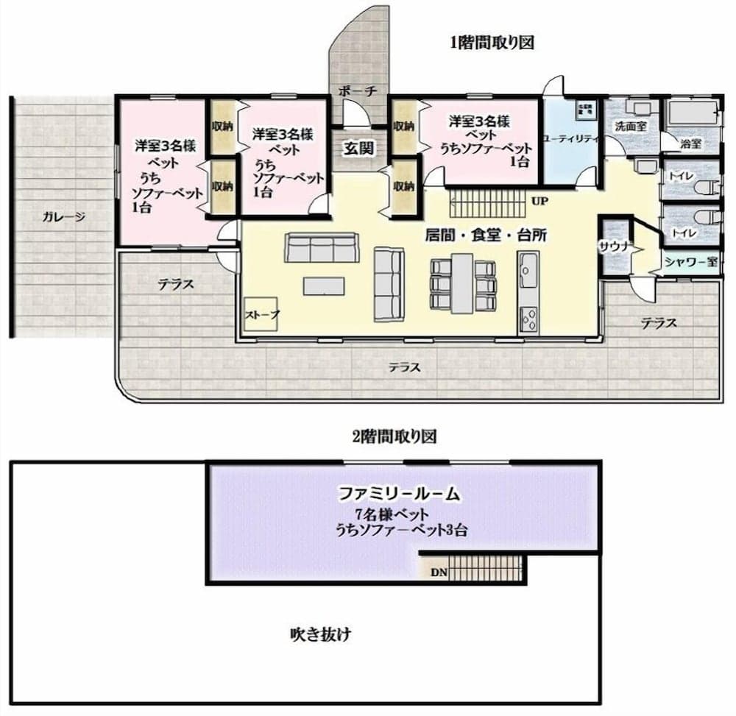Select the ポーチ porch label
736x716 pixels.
pyautogui.click(x=358, y=91)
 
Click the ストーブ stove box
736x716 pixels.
pyautogui.click(x=262, y=315)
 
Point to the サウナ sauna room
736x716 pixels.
pyautogui.click(x=613, y=247)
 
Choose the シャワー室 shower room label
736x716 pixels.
pyautogui.click(x=690, y=261)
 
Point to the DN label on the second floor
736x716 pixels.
pyautogui.click(x=439, y=570)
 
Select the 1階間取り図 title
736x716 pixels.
pyautogui.click(x=491, y=43)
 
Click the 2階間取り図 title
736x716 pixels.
pyautogui.click(x=394, y=436)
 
